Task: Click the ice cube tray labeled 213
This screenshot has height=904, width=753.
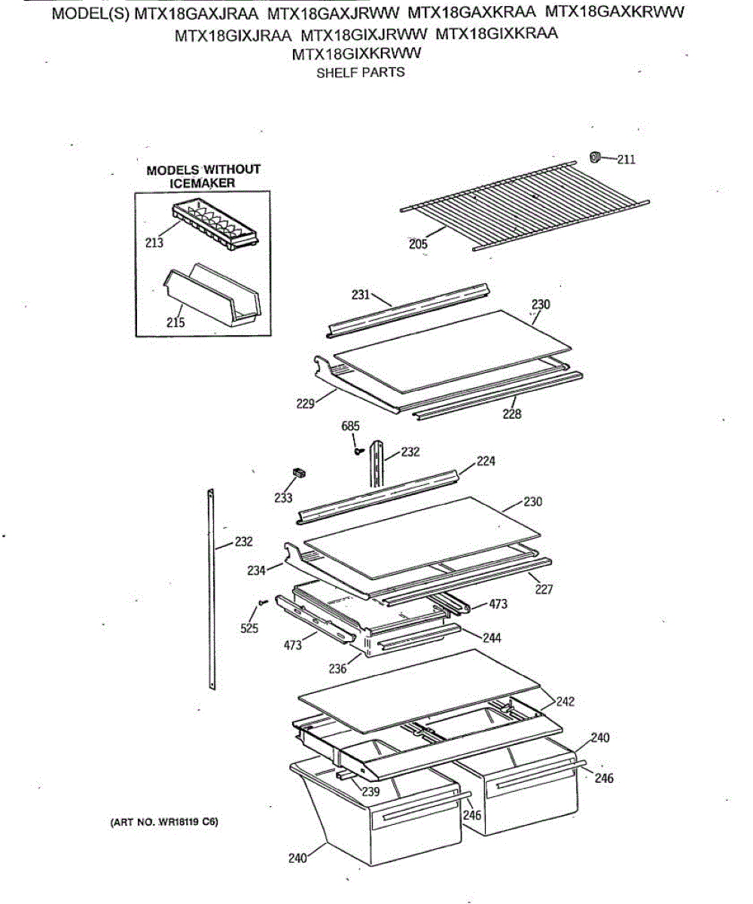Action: pos(215,224)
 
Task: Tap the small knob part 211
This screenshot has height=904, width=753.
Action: pos(596,157)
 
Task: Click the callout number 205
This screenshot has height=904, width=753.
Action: pos(418,244)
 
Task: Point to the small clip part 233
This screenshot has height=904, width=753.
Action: pos(299,472)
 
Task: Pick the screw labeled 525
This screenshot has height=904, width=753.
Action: pos(263,602)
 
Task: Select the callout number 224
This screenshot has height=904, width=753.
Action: pos(486,461)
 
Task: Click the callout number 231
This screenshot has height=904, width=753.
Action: pos(361,295)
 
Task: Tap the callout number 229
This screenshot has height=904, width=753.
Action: pos(306,404)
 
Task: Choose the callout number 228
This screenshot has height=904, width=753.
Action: pos(512,414)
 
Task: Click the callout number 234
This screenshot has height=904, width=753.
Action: pos(257,570)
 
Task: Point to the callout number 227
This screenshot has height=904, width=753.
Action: pos(544,589)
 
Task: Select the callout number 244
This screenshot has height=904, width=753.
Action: pos(492,638)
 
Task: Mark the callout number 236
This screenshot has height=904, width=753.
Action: pos(337,669)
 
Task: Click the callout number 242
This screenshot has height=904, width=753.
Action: pos(566,701)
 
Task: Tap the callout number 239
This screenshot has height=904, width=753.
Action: pos(371,792)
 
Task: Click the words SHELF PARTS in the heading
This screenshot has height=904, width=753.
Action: pos(361,72)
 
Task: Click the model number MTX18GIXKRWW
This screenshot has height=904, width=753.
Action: pos(356,53)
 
